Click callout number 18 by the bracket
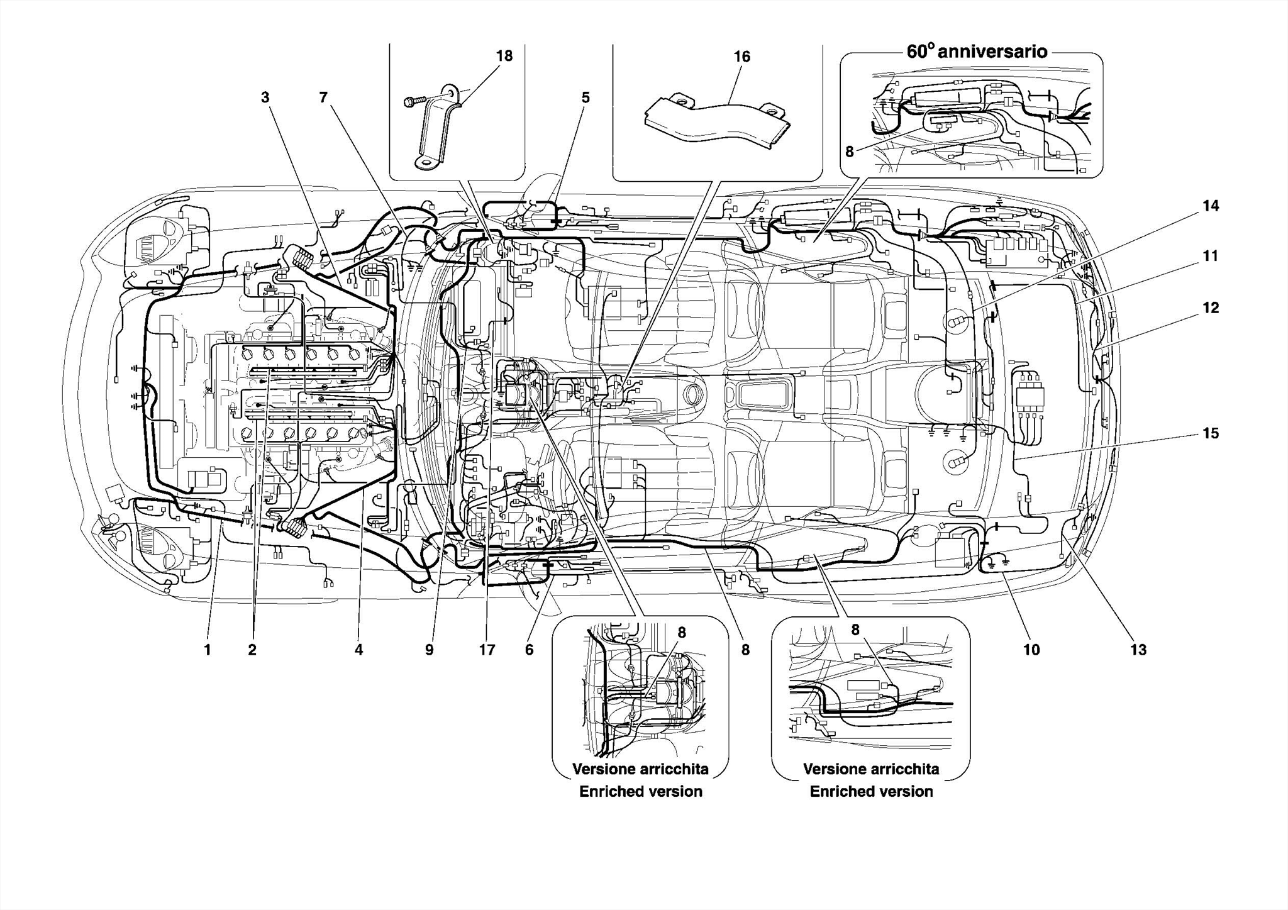(x=504, y=57)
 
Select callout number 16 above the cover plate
(x=742, y=57)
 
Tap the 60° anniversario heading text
(x=977, y=52)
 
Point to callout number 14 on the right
(x=1211, y=206)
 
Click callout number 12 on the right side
(x=1211, y=308)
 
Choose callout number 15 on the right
(x=1211, y=433)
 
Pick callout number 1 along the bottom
(x=208, y=650)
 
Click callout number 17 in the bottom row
(x=487, y=650)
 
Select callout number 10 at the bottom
(x=1032, y=650)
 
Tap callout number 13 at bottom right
(x=1139, y=650)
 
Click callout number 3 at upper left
(x=265, y=97)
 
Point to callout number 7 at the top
(x=323, y=97)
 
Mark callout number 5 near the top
(x=586, y=97)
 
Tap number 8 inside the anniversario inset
(x=850, y=152)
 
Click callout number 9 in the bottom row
(x=430, y=650)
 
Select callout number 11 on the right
(x=1211, y=257)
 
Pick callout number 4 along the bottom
(x=358, y=650)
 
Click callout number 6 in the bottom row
(x=529, y=650)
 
